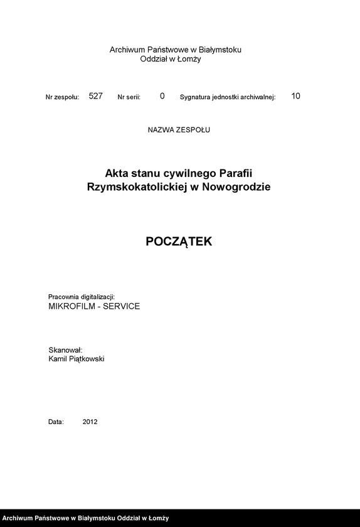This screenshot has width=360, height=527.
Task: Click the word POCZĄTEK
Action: coord(179,242)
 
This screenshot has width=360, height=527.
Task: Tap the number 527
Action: coord(95,96)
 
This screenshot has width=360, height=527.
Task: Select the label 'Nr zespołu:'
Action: coord(62,97)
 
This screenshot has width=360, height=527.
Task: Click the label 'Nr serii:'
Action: coord(129,97)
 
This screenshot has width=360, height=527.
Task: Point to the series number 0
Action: coord(162,96)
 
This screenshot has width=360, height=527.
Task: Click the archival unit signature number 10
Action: coord(296,96)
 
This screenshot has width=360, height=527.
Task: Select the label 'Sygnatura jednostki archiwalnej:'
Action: coord(228,97)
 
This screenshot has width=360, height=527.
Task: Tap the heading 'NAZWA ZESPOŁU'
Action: coord(179,130)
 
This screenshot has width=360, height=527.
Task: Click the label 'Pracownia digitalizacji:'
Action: coord(82,296)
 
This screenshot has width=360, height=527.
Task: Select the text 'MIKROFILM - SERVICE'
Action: coord(94,306)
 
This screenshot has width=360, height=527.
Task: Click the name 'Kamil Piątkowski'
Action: coord(76,359)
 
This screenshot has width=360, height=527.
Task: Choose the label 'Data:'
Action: coord(56,422)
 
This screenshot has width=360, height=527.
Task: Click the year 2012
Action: coord(90,422)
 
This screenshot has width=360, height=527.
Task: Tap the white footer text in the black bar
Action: coord(85,518)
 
